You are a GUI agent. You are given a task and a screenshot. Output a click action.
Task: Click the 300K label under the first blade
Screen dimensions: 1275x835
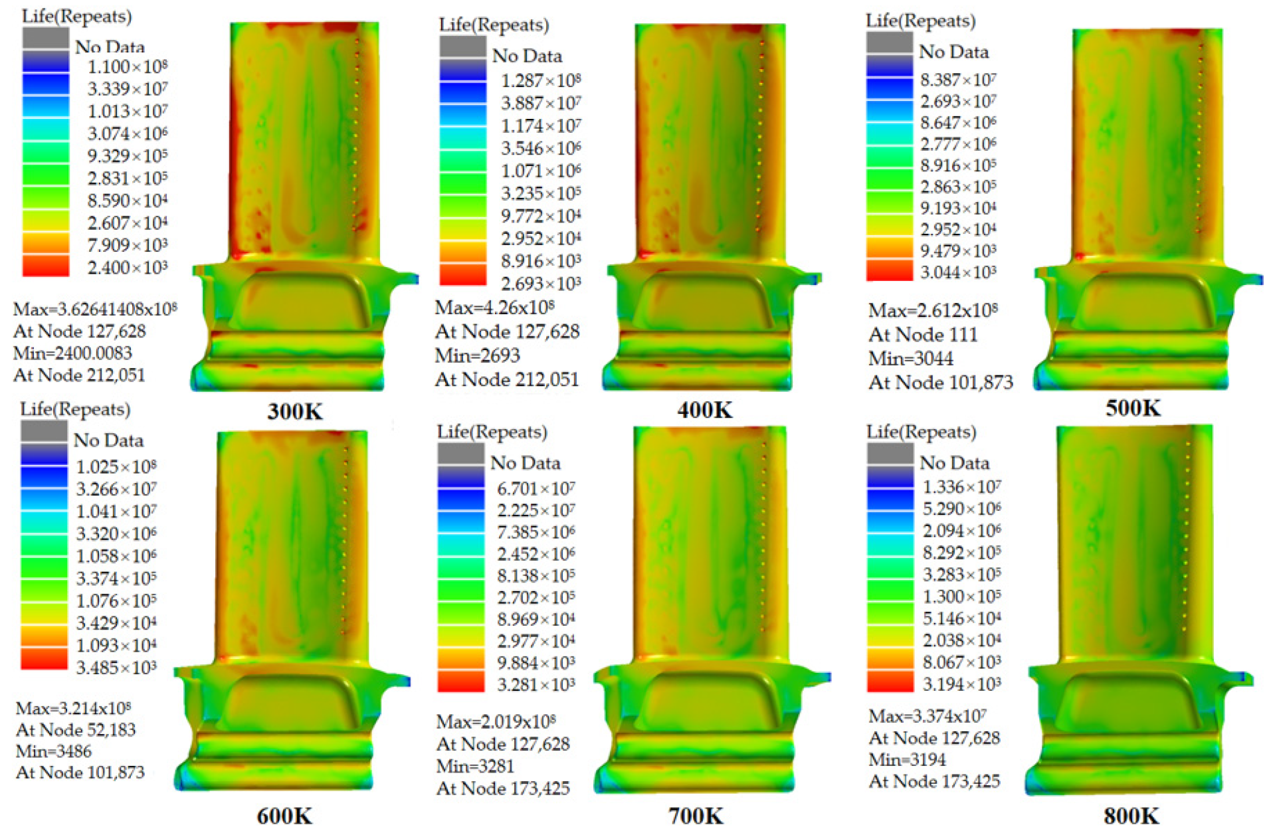(x=295, y=411)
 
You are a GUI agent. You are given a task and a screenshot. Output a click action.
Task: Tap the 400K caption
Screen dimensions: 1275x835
(x=705, y=410)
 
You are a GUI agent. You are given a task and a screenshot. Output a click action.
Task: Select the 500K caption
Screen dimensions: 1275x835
(x=1133, y=407)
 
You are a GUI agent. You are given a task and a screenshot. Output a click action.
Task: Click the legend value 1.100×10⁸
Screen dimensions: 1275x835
(x=128, y=66)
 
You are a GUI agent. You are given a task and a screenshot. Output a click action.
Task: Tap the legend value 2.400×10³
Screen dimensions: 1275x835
(x=128, y=268)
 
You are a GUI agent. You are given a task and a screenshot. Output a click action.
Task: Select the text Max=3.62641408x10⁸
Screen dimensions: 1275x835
(x=95, y=309)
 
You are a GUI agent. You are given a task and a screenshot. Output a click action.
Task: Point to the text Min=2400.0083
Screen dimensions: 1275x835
(x=72, y=353)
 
